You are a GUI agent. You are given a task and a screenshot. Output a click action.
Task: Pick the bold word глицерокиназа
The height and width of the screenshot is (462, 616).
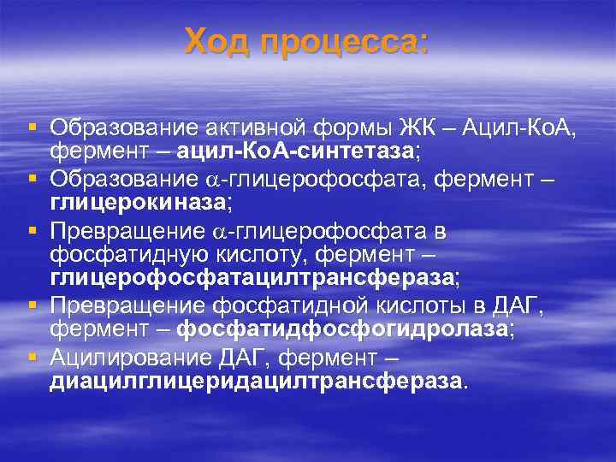pos(138,202)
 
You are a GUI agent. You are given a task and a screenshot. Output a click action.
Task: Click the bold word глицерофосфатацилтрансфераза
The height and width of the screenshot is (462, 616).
pos(253,277)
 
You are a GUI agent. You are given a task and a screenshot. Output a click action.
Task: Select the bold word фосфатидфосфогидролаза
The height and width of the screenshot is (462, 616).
pos(342,329)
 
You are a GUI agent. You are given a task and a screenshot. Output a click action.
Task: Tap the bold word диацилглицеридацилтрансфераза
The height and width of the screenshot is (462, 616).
pos(255,380)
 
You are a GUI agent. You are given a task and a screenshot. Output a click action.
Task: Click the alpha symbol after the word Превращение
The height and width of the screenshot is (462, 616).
pos(219,232)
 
